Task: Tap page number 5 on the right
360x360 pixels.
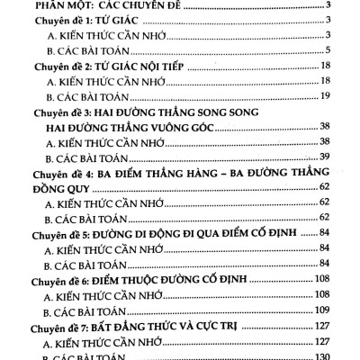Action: point(333,48)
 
